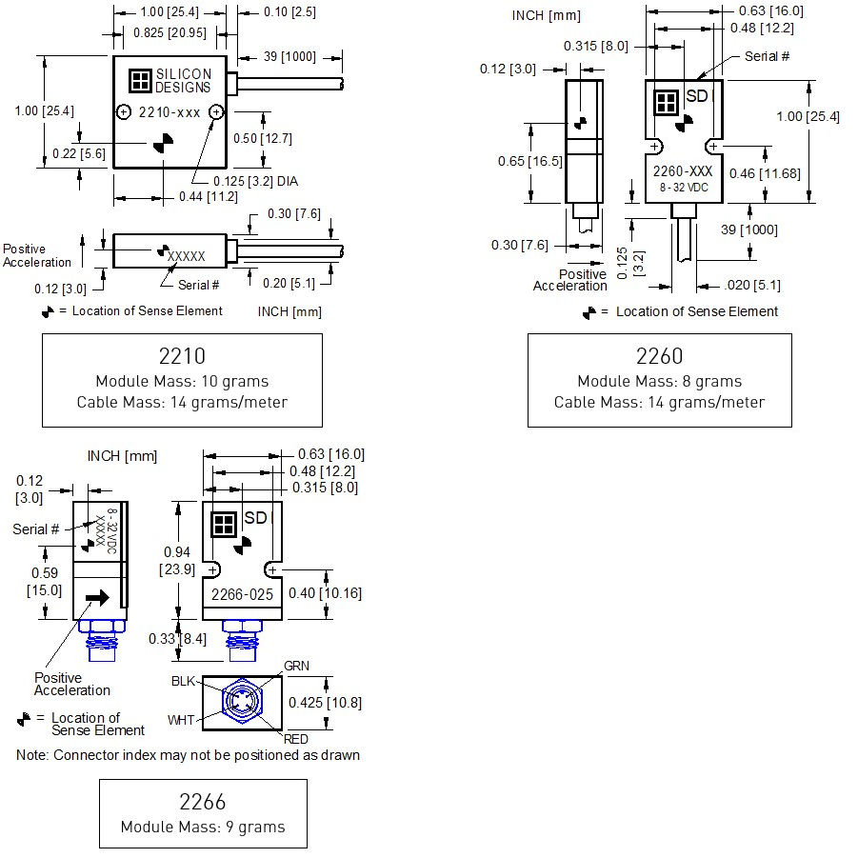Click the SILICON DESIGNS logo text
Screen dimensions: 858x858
click(x=184, y=80)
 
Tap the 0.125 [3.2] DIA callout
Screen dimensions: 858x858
click(x=247, y=181)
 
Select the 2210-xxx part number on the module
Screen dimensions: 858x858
click(x=170, y=112)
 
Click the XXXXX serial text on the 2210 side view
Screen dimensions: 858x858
click(x=187, y=256)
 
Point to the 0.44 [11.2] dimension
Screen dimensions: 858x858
click(x=203, y=197)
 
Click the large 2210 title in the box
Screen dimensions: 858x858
click(x=182, y=357)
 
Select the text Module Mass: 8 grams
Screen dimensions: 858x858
click(x=659, y=381)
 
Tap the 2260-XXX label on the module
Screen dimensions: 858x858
click(x=682, y=171)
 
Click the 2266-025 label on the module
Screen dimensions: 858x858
click(x=241, y=594)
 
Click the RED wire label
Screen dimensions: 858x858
click(x=296, y=738)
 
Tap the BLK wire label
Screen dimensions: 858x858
click(x=183, y=682)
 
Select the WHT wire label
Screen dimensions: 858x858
click(x=182, y=721)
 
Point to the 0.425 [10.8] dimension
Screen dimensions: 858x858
click(x=325, y=703)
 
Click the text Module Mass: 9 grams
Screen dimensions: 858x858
click(x=203, y=827)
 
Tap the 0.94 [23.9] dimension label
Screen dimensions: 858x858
click(x=177, y=560)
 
